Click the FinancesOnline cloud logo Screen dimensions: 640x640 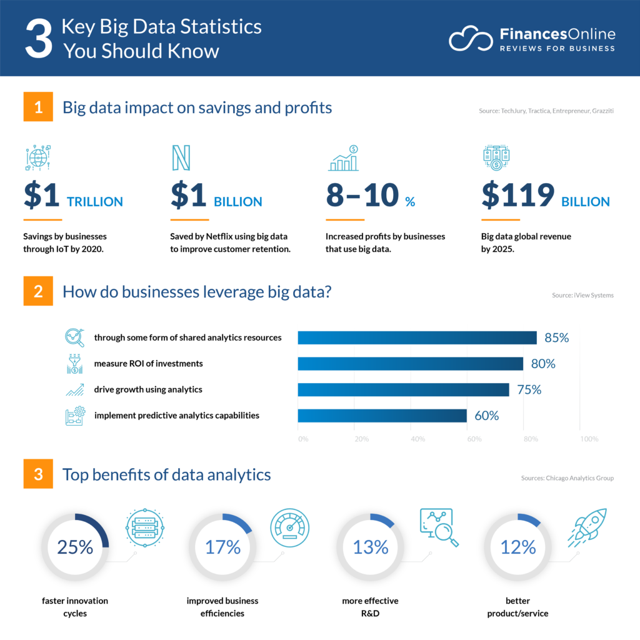click(x=470, y=39)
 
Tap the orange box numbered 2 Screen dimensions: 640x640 click(x=39, y=291)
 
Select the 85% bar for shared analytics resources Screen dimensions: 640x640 click(x=417, y=337)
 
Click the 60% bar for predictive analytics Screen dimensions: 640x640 click(x=382, y=416)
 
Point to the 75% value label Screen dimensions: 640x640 click(x=529, y=389)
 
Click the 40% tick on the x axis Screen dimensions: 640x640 click(x=418, y=439)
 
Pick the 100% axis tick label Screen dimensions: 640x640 click(x=589, y=439)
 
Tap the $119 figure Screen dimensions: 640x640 click(x=517, y=196)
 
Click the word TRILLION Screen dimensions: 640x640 click(x=95, y=202)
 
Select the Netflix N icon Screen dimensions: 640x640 click(x=181, y=158)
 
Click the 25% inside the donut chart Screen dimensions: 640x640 click(x=75, y=547)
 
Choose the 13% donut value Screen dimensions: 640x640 click(x=371, y=547)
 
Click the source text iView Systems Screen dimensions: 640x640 click(x=593, y=295)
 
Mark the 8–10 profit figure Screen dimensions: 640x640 click(x=362, y=196)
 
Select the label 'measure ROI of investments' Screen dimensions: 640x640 click(x=148, y=363)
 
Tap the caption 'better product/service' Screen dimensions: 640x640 click(x=517, y=607)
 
